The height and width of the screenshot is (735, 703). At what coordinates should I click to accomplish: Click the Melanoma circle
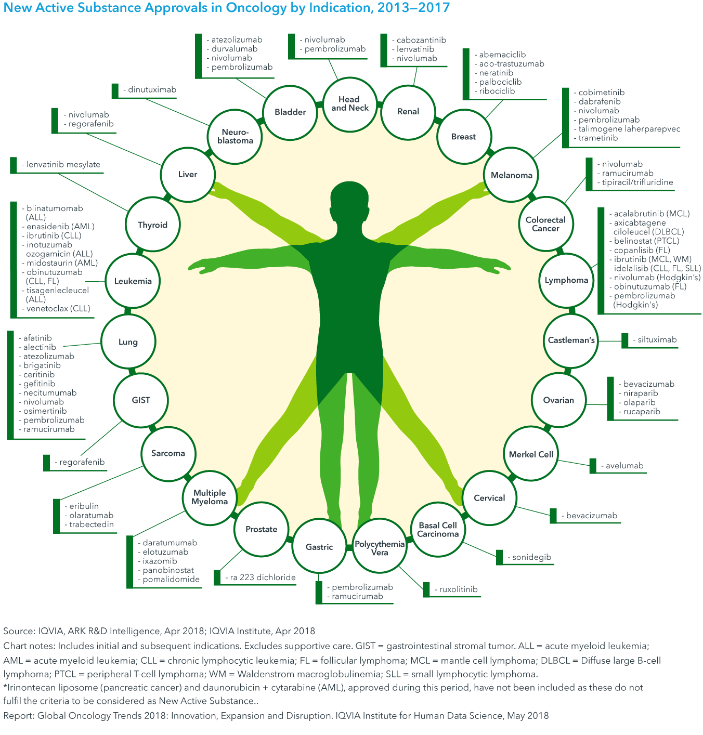512,175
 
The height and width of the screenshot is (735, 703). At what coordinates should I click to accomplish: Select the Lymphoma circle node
566,281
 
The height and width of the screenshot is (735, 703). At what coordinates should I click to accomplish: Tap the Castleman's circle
571,340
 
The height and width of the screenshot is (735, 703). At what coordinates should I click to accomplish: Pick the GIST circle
140,400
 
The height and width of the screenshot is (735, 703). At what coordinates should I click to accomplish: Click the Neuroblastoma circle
235,136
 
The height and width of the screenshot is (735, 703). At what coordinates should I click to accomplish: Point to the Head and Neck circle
349,103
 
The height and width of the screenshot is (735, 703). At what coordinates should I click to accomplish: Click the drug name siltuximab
657,340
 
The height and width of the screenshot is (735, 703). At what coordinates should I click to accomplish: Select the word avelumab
624,466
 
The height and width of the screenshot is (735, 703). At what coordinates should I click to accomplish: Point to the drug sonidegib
531,558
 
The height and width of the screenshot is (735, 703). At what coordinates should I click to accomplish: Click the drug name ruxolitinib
458,590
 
